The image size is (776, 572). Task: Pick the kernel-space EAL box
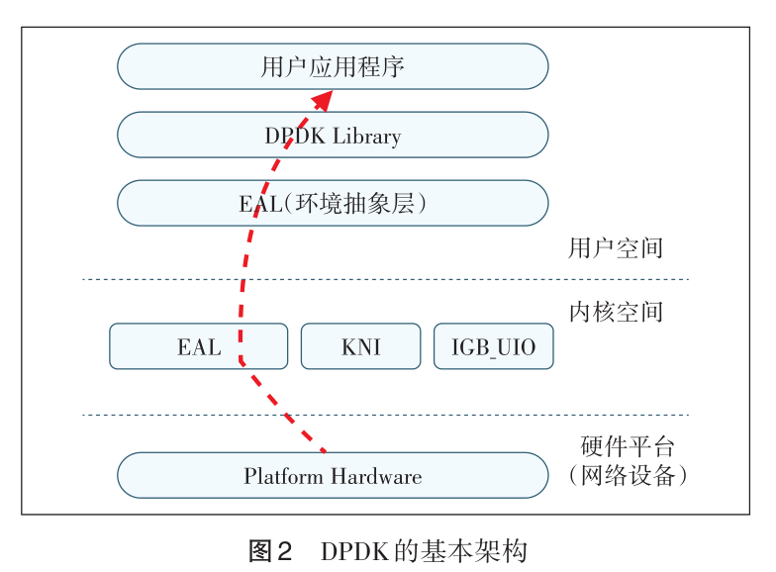198,347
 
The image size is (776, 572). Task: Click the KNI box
360,347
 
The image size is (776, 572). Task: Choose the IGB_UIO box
493,347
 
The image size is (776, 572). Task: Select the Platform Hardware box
333,476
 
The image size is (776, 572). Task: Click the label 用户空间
615,247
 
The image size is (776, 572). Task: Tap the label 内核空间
615,313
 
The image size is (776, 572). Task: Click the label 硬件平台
629,446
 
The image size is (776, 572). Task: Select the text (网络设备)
629,476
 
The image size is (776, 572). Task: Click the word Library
365,136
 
